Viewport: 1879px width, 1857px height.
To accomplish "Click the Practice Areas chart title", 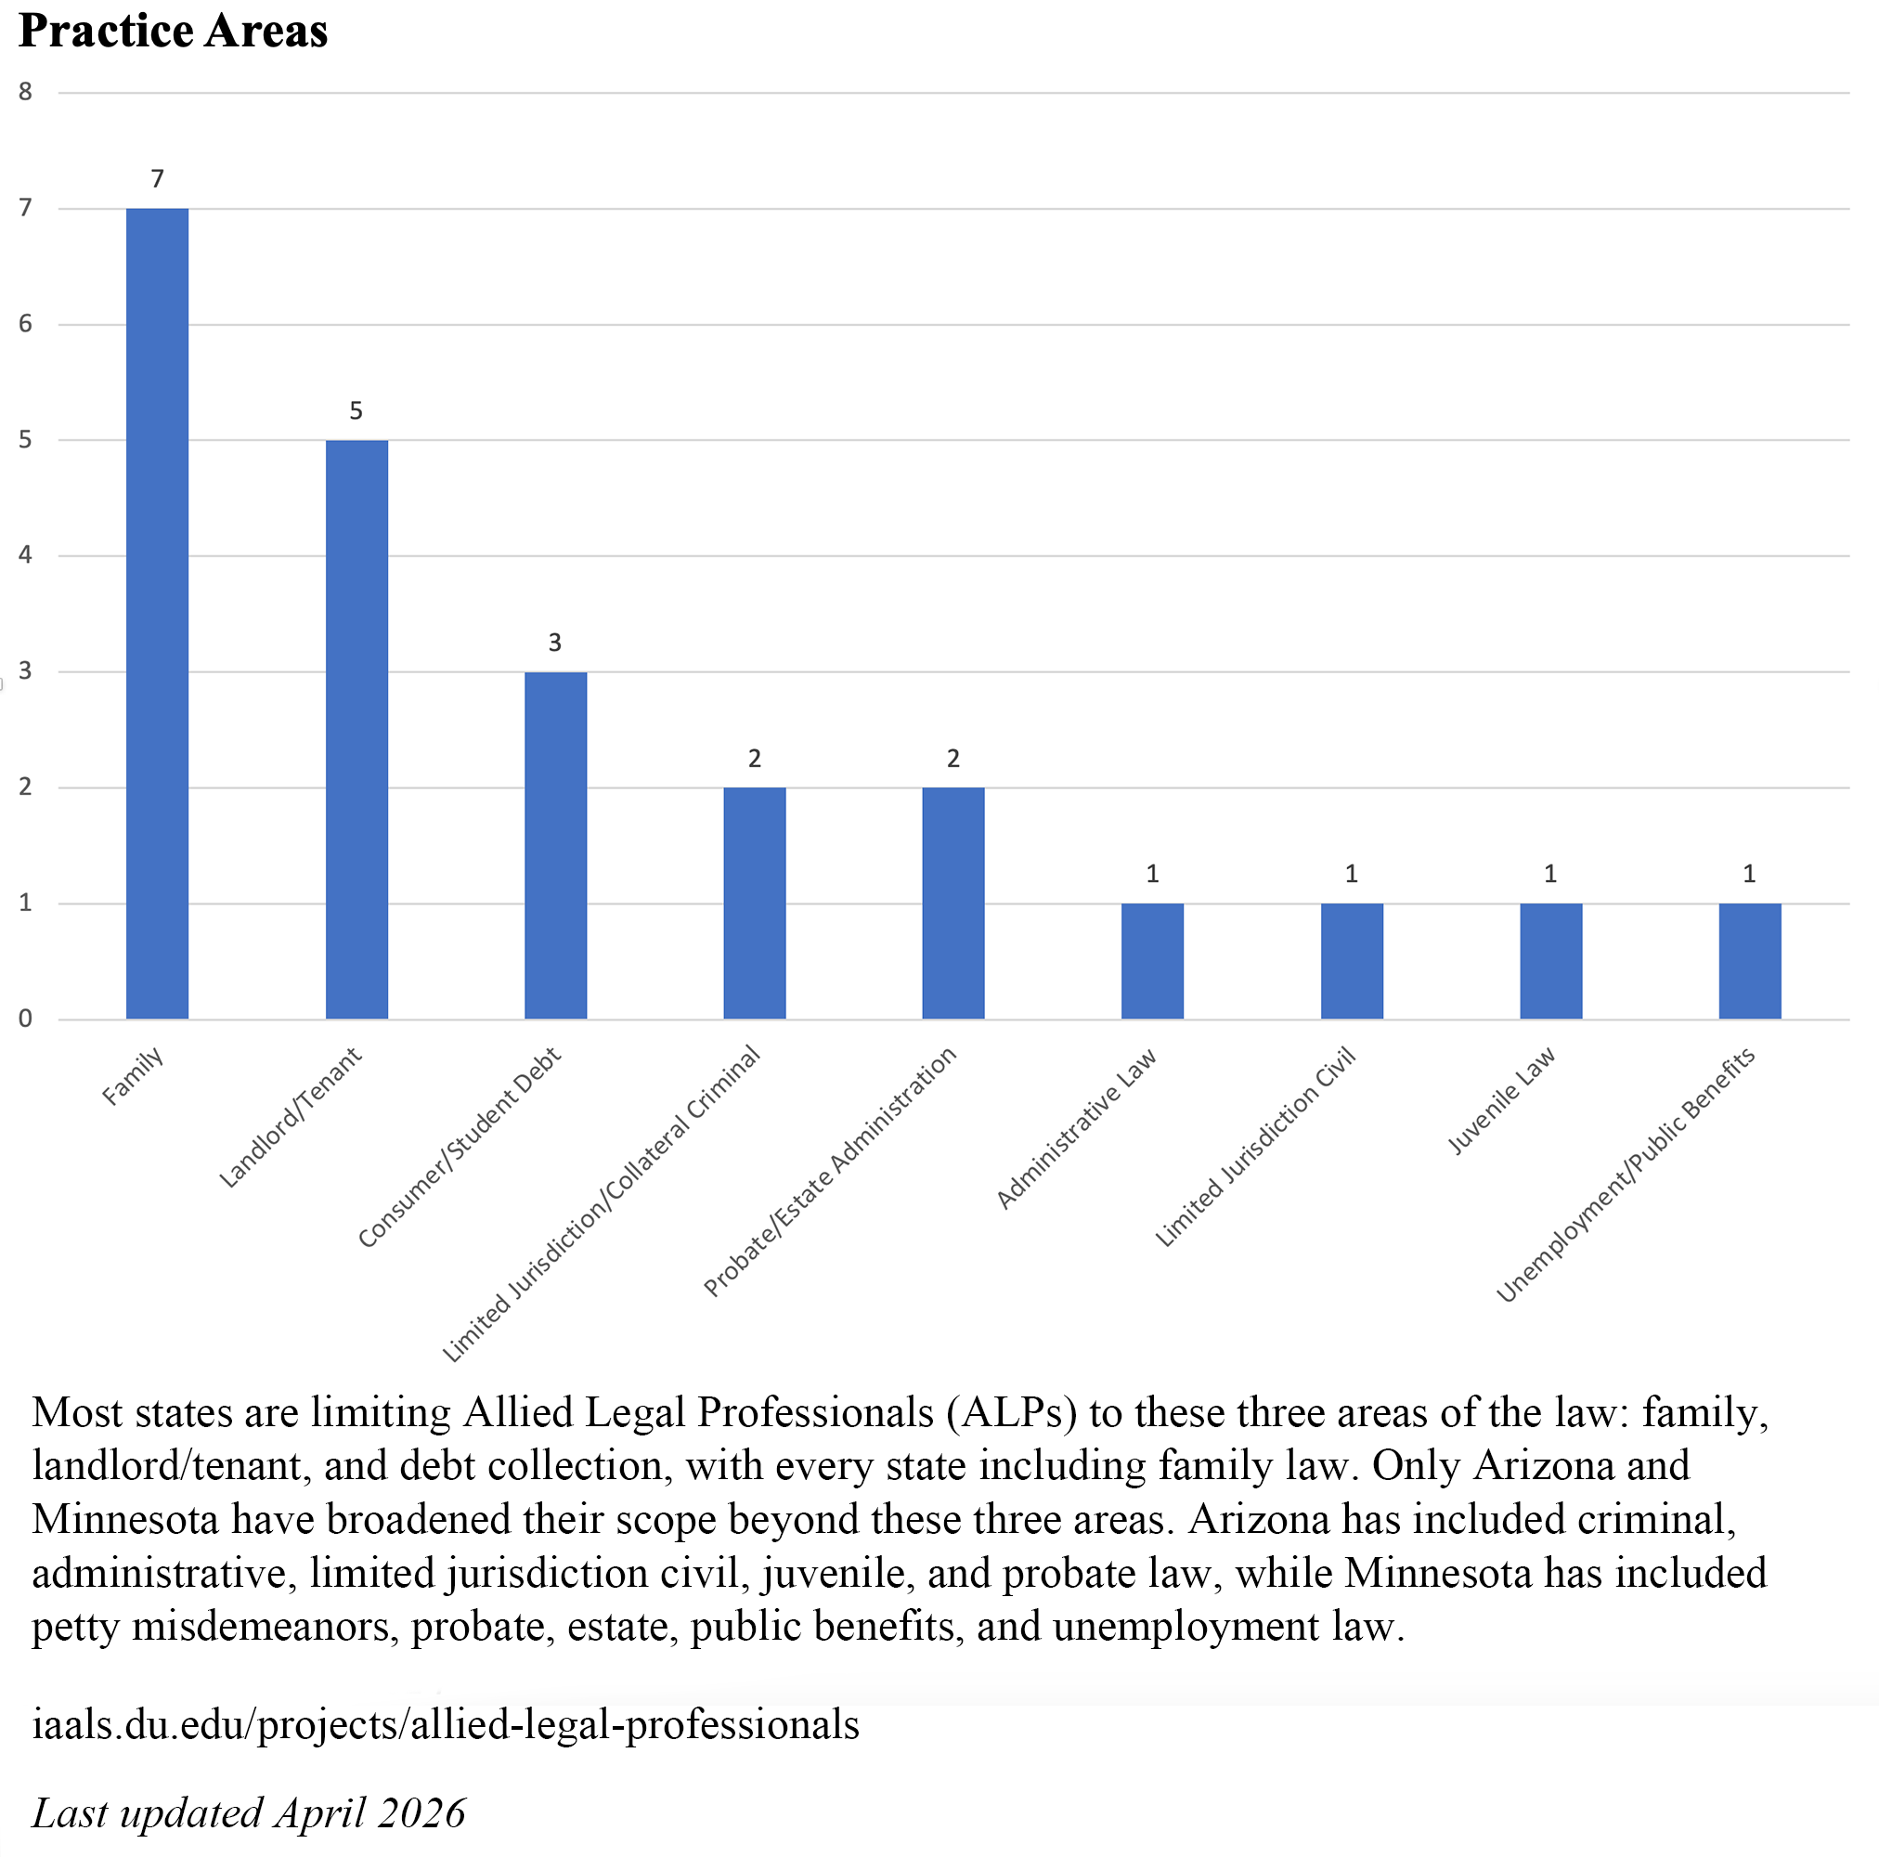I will pyautogui.click(x=173, y=32).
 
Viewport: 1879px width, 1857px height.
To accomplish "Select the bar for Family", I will pyautogui.click(x=158, y=613).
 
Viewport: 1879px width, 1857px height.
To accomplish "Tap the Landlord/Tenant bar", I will pyautogui.click(x=356, y=730).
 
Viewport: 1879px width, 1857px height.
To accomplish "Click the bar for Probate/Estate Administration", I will pyautogui.click(x=953, y=903).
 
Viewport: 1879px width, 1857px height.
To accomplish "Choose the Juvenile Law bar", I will pyautogui.click(x=1550, y=961).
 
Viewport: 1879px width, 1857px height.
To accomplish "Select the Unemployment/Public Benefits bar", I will pyautogui.click(x=1750, y=961).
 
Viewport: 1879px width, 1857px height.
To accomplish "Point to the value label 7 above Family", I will pyautogui.click(x=158, y=179).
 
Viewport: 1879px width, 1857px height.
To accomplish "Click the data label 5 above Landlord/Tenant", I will pyautogui.click(x=356, y=411).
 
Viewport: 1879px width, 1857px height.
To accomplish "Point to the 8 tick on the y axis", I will pyautogui.click(x=25, y=93).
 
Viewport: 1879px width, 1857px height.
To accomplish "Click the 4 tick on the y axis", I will pyautogui.click(x=25, y=555).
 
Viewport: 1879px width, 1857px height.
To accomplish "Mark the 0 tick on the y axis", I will pyautogui.click(x=25, y=1019).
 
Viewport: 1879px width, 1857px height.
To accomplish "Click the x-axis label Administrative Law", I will pyautogui.click(x=1078, y=1127).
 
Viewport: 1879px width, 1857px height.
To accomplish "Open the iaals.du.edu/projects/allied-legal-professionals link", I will pyautogui.click(x=446, y=1725).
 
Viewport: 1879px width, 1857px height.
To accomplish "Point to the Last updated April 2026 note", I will pyautogui.click(x=249, y=1813).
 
